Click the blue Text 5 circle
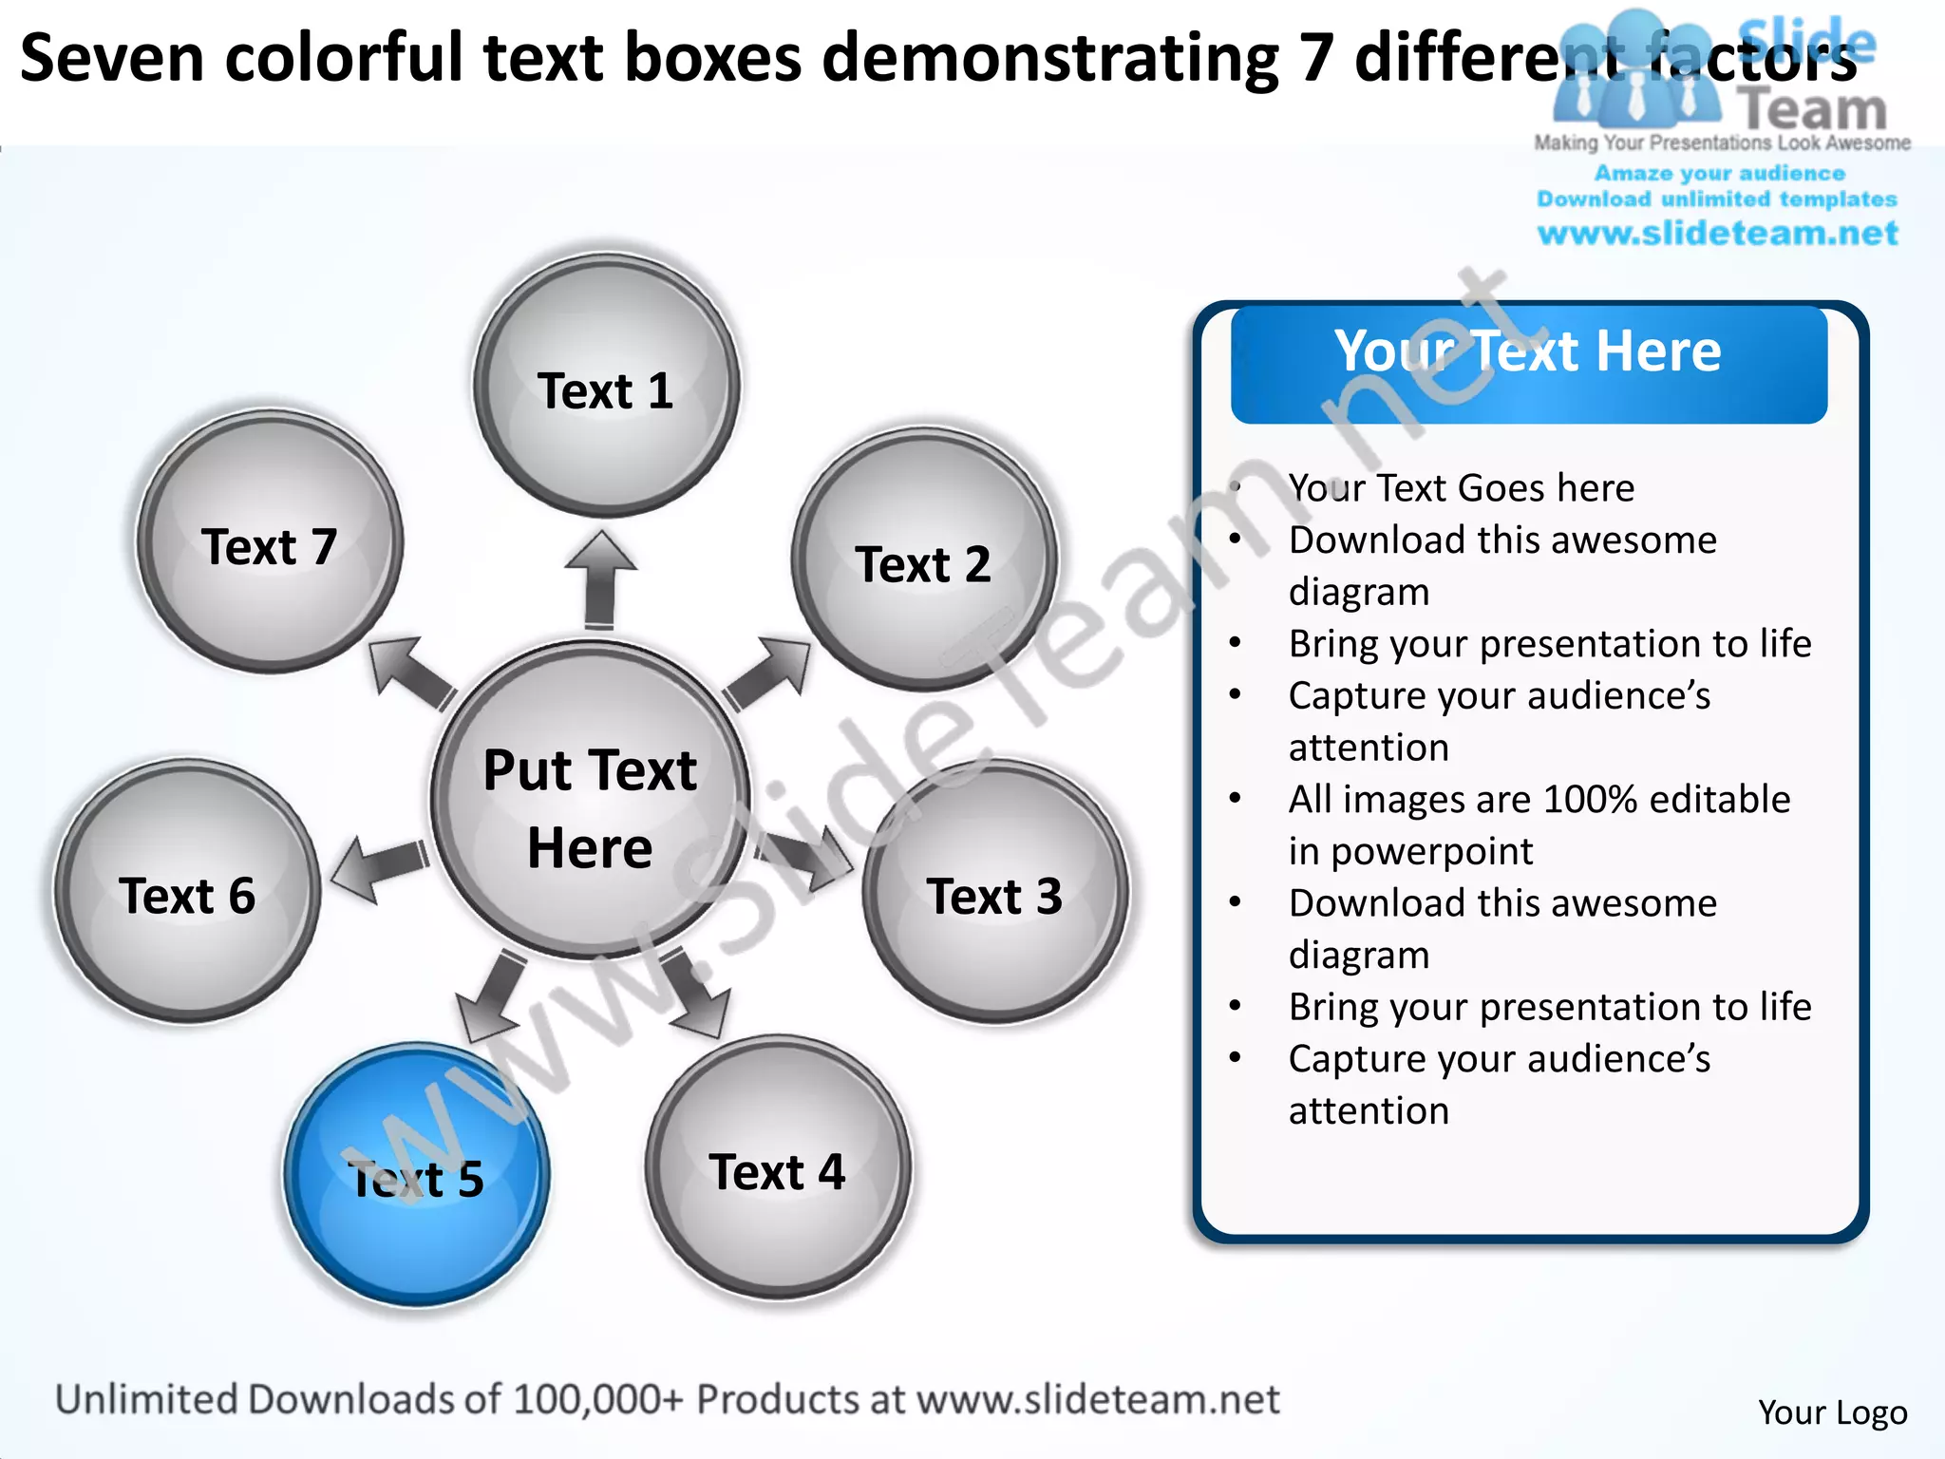point(416,1176)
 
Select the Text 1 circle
point(606,386)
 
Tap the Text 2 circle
point(924,560)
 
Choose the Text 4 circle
point(778,1168)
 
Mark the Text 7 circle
point(270,543)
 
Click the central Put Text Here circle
point(590,801)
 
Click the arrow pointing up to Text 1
point(600,579)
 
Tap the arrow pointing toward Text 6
point(378,866)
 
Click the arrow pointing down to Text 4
point(697,994)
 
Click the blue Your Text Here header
point(1528,363)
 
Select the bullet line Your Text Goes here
point(1461,488)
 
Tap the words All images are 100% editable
point(1539,800)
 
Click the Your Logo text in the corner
point(1832,1412)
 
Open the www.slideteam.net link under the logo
point(1717,234)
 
